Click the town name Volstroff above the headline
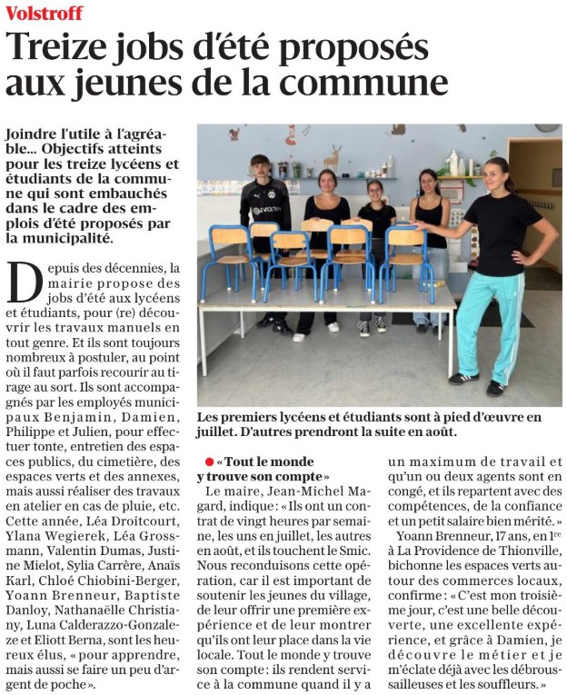coord(44,13)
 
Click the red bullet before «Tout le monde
coord(210,462)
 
